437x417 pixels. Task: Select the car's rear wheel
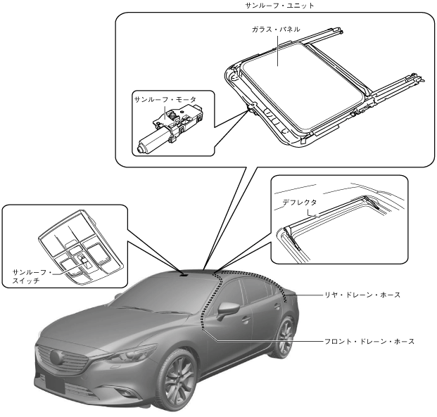coord(286,337)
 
